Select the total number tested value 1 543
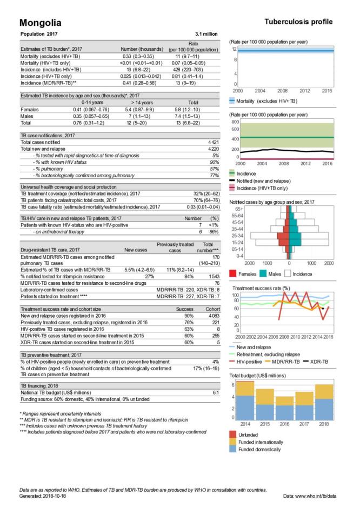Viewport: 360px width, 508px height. pyautogui.click(x=211, y=276)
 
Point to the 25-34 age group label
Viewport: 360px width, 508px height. pyautogui.click(x=236, y=236)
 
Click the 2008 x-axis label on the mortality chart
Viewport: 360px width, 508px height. pyautogui.click(x=283, y=91)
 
